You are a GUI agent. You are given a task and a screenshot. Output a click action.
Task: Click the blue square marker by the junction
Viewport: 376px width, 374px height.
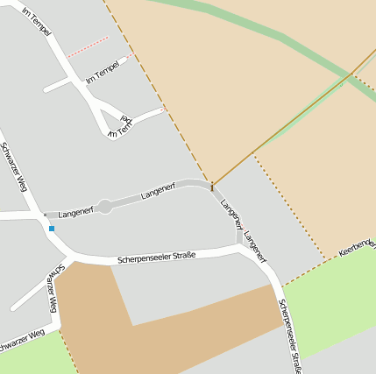click(x=52, y=229)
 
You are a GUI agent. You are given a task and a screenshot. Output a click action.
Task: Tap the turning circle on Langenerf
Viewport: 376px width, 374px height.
click(x=104, y=207)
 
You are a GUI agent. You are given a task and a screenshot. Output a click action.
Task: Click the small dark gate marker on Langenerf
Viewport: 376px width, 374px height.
click(x=211, y=186)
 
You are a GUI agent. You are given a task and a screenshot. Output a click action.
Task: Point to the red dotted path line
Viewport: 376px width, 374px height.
click(x=88, y=46)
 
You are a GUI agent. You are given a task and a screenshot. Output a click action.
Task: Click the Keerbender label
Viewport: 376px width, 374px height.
click(x=357, y=246)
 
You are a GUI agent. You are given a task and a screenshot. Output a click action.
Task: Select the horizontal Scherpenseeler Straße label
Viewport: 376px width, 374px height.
click(x=157, y=258)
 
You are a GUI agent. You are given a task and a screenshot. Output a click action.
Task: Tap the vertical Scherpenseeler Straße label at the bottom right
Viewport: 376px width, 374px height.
click(x=290, y=336)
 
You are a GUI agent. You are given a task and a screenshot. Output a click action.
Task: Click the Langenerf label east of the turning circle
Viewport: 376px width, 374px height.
click(x=158, y=189)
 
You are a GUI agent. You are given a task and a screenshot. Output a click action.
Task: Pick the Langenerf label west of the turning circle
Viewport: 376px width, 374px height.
click(x=75, y=212)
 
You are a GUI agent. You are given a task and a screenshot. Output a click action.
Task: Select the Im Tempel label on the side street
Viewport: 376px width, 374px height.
click(x=103, y=74)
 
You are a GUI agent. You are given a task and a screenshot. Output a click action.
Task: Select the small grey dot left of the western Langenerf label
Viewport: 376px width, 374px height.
click(x=45, y=215)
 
